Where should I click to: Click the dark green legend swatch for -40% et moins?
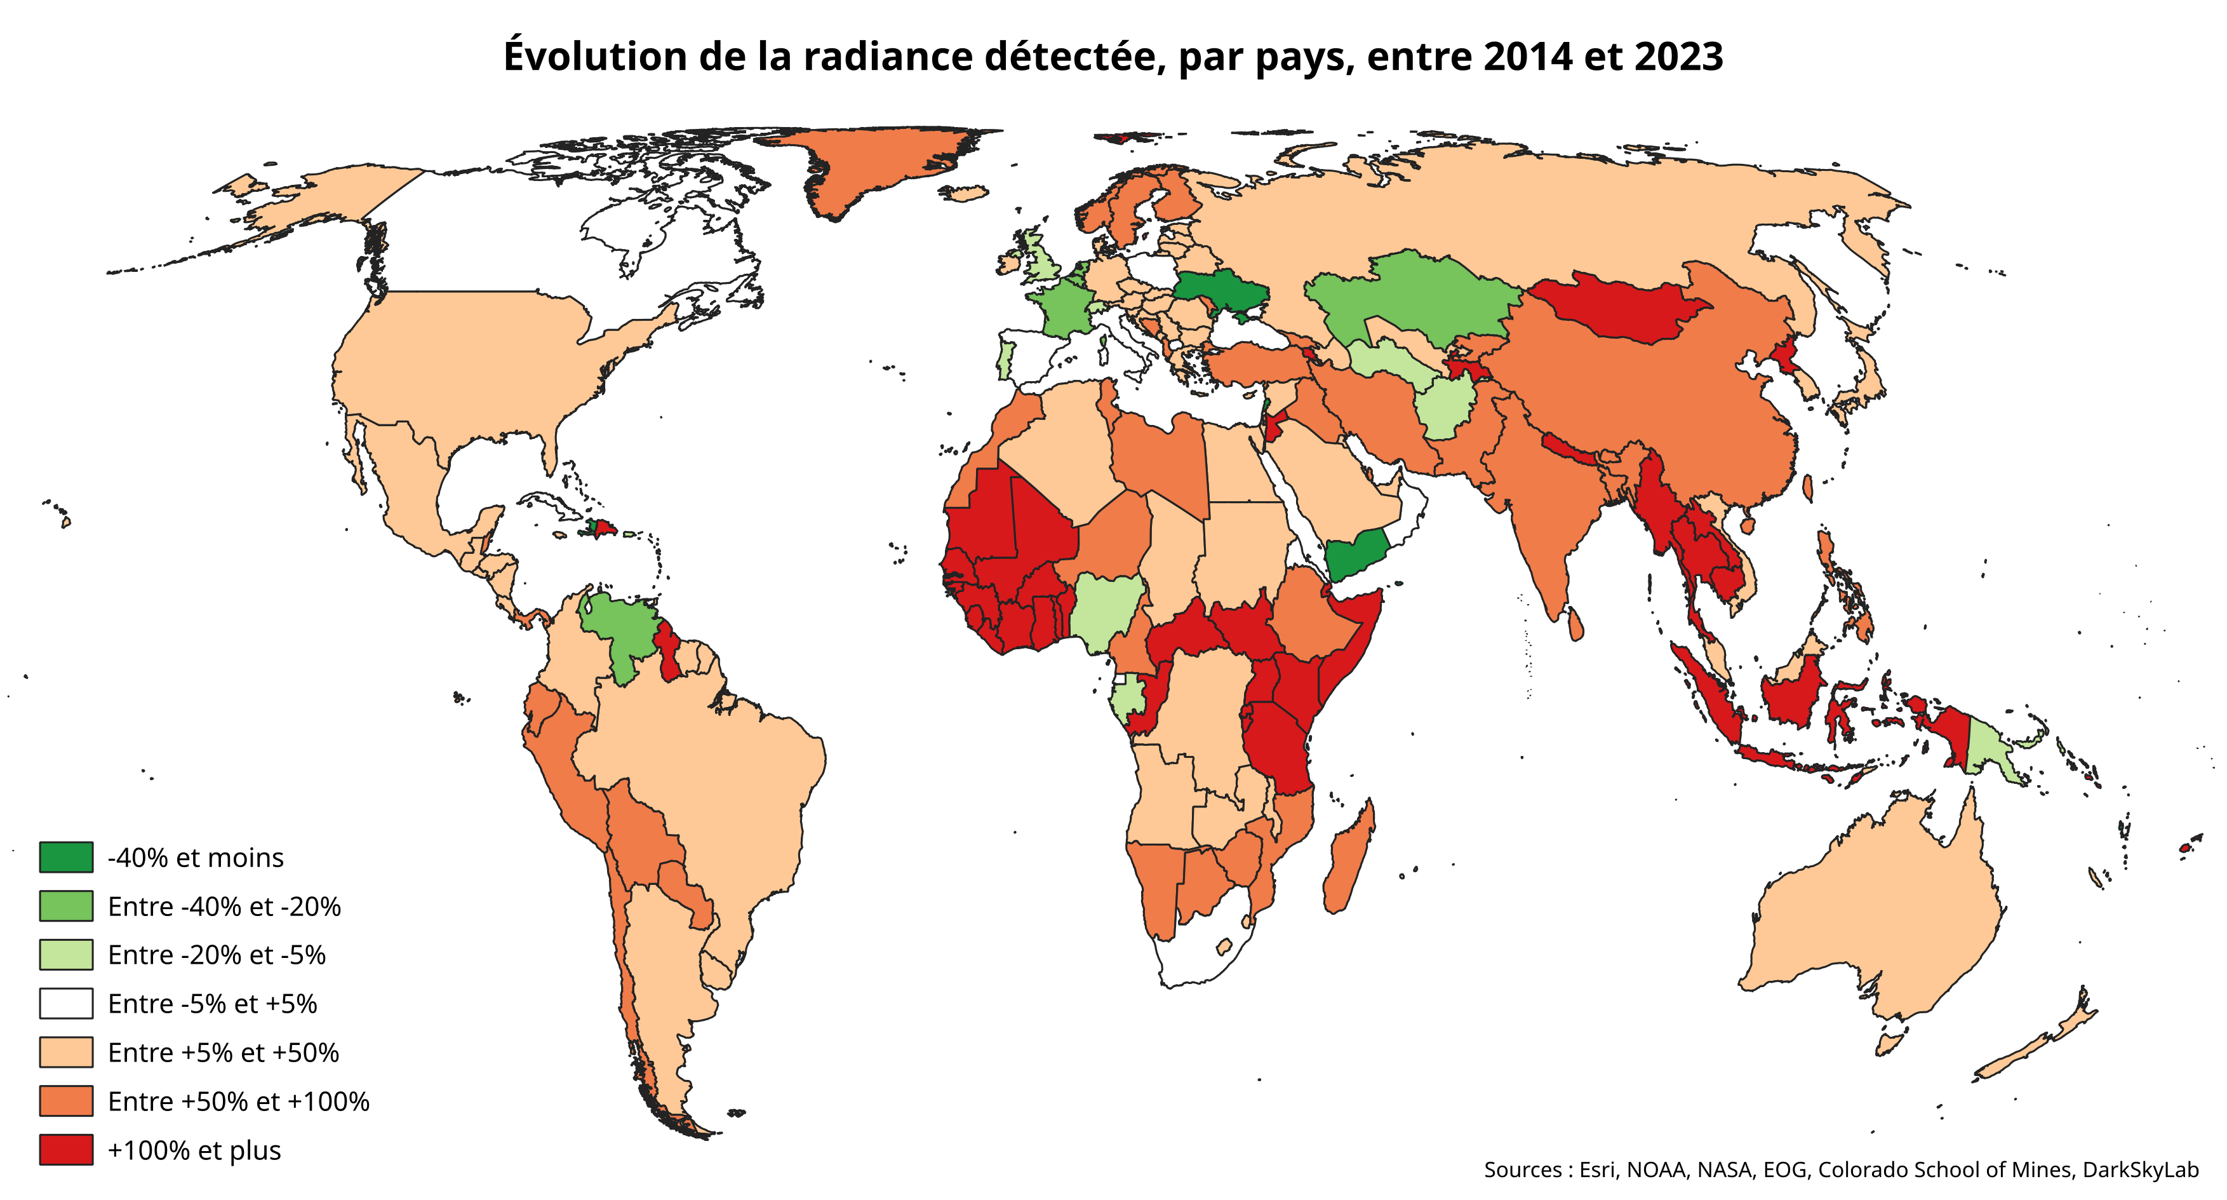pyautogui.click(x=65, y=857)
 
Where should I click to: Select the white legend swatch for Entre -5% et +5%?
pyautogui.click(x=65, y=1003)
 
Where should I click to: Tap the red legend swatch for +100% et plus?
pyautogui.click(x=65, y=1150)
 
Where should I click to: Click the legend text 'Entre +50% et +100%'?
pyautogui.click(x=239, y=1102)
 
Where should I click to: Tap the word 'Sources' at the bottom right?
pyautogui.click(x=1521, y=1170)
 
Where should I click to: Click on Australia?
pyautogui.click(x=1876, y=917)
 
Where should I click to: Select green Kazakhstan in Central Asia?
pyautogui.click(x=1418, y=294)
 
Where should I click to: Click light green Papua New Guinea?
pyautogui.click(x=1993, y=748)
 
